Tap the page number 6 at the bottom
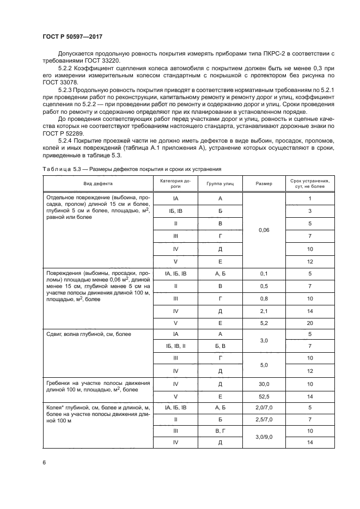(44, 462)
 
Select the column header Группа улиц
(220, 183)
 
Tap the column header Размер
(264, 183)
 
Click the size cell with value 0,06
(264, 230)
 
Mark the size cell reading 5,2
(264, 322)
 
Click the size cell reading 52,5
(264, 396)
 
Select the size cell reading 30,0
(264, 384)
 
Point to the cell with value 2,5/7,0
(264, 420)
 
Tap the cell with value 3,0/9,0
(264, 437)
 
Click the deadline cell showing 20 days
(309, 322)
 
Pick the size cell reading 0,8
(264, 298)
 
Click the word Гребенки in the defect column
(60, 383)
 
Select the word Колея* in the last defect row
(57, 407)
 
